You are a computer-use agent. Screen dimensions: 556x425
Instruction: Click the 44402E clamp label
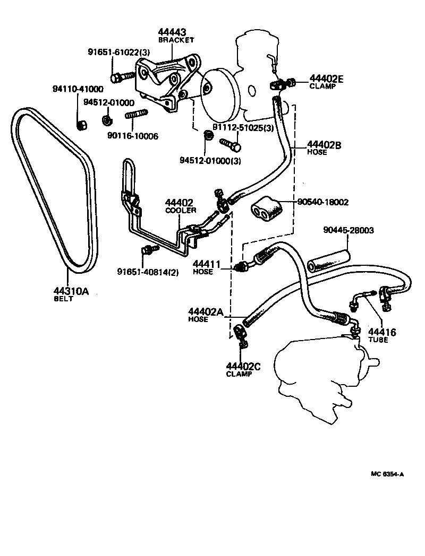point(326,79)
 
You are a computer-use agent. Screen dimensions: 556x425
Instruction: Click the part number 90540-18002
point(323,202)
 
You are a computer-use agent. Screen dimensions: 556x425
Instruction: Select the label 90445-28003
point(348,230)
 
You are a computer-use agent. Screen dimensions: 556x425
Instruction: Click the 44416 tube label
point(382,332)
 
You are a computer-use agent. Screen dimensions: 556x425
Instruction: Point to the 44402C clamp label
point(243,366)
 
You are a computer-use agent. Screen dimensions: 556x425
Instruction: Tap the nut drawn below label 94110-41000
point(81,125)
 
